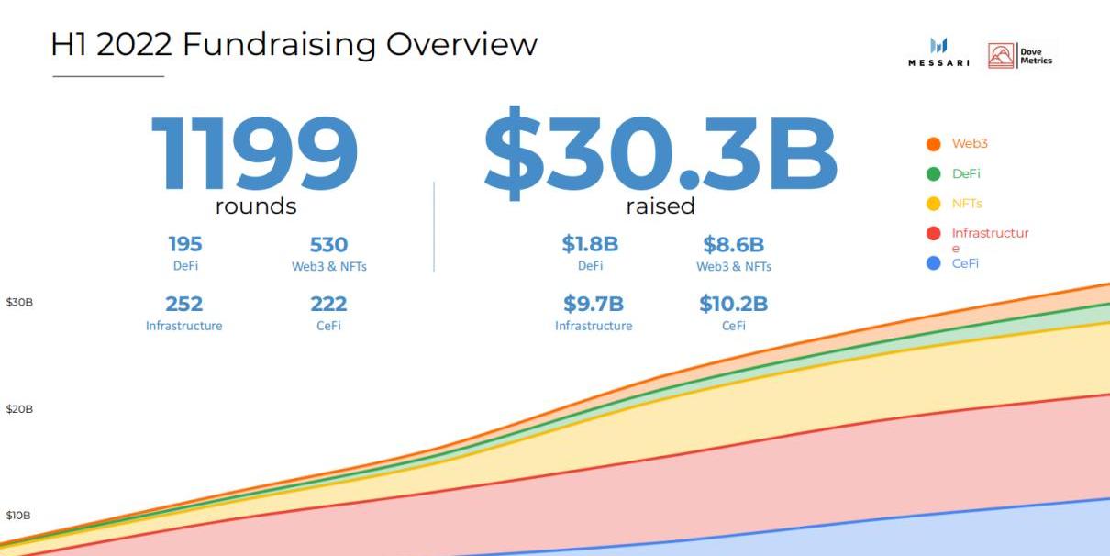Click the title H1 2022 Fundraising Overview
(x=294, y=43)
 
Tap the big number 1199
(x=255, y=155)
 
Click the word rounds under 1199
(x=256, y=206)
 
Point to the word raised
(x=660, y=206)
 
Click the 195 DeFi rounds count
(x=184, y=245)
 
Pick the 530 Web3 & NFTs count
(x=328, y=245)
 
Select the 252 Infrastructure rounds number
(x=183, y=304)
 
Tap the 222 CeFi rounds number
(x=328, y=304)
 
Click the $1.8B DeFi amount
(x=590, y=245)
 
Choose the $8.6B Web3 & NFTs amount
(x=733, y=245)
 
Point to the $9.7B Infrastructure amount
(x=593, y=304)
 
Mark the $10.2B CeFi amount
(x=733, y=304)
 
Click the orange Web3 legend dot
(x=934, y=144)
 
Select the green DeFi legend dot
(x=934, y=173)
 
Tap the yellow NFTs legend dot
(x=934, y=204)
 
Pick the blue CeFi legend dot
(x=934, y=263)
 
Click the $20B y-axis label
(x=19, y=409)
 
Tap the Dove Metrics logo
(x=1020, y=55)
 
